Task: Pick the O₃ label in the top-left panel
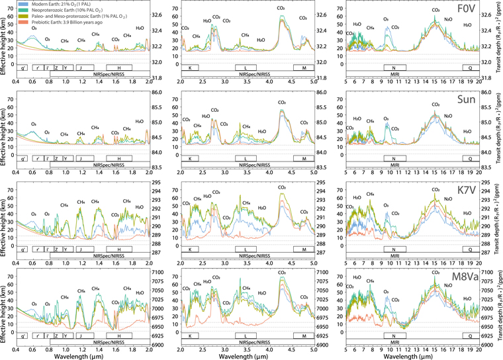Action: pos(34,28)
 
